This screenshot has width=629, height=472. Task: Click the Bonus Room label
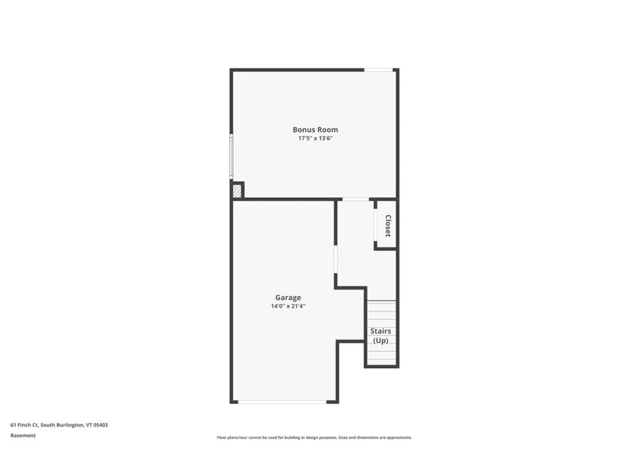tap(315, 130)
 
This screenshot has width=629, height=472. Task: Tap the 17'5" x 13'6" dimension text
tap(315, 139)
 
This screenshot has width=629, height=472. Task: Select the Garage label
tap(288, 297)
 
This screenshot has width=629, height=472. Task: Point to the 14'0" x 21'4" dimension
tap(288, 306)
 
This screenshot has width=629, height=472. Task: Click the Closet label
tap(388, 226)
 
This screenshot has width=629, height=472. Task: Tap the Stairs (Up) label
tap(381, 336)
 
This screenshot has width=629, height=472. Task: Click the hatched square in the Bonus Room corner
tap(237, 191)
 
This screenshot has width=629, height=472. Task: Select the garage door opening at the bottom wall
tap(283, 402)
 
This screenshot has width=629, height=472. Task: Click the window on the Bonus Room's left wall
tap(232, 156)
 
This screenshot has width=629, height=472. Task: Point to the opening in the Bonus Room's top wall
tap(379, 70)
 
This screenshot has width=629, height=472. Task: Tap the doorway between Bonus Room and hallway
tap(356, 199)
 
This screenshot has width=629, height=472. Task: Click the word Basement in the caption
tap(23, 436)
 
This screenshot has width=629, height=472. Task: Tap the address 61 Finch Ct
tap(24, 425)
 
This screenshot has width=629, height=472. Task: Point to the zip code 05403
tap(102, 425)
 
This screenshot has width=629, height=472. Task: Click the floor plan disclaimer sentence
tap(314, 438)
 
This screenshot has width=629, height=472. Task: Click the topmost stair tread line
tap(381, 301)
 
